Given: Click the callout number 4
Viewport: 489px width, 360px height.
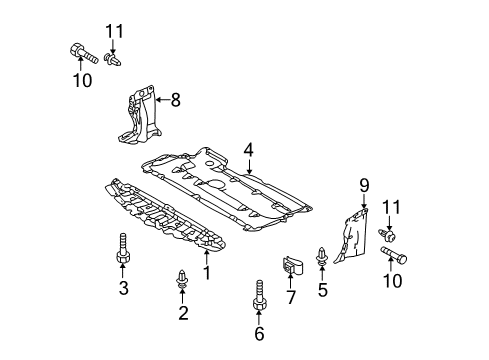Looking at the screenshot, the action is coord(248,151).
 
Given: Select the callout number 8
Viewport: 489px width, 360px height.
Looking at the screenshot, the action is coord(175,100).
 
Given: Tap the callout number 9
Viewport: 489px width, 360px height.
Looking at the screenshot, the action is coord(364,185).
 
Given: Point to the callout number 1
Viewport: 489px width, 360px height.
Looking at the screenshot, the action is coord(207,273).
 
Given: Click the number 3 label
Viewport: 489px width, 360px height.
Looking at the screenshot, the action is coord(124,288).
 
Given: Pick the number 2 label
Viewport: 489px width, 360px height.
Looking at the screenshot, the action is coord(183,313).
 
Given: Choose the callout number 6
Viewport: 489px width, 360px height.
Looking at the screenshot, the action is coord(259,334).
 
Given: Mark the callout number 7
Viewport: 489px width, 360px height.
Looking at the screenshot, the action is coord(291,297).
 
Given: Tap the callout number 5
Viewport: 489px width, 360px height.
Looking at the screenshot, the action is coord(322,290).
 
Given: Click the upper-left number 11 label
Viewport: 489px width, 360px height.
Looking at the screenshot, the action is coord(115,32).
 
